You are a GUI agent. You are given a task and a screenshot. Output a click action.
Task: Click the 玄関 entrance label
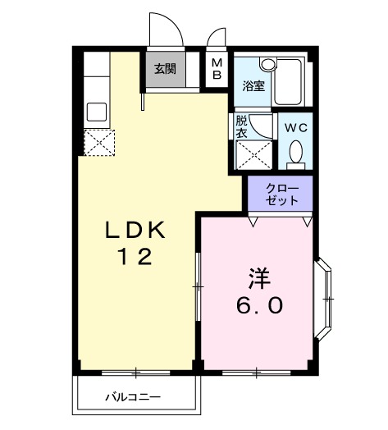[x=165, y=68]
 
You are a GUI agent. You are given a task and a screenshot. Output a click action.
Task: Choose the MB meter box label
[x=217, y=70]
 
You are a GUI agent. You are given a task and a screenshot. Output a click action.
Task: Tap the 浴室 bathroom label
[x=253, y=85]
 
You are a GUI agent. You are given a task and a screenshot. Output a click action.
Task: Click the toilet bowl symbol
[x=297, y=153]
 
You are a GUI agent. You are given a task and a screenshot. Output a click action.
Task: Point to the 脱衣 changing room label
[x=241, y=126]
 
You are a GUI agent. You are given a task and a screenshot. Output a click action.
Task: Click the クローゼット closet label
[x=282, y=194]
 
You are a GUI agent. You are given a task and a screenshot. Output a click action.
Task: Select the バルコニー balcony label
[x=132, y=398]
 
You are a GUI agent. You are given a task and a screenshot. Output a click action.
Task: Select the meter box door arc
[x=217, y=37]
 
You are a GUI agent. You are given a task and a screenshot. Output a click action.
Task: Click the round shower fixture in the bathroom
[x=267, y=64]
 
